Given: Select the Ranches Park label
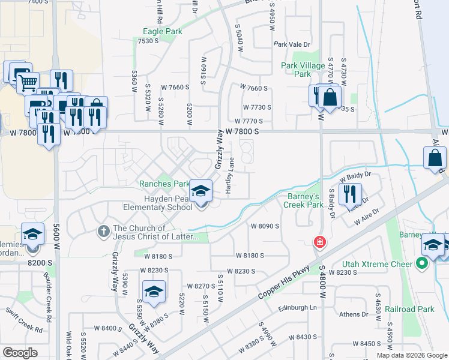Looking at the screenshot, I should click(x=164, y=184).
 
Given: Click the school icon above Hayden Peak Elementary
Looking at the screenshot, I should click(x=200, y=191).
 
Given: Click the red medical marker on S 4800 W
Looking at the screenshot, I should click(x=321, y=242).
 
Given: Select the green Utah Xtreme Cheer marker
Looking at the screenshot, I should click(x=421, y=263).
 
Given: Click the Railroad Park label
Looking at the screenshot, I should click(x=418, y=309).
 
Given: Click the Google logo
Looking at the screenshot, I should click(x=20, y=352).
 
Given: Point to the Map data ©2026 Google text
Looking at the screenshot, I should click(x=412, y=355).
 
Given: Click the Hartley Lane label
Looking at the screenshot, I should click(x=229, y=175).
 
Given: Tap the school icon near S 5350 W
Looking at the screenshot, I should click(x=154, y=292).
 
